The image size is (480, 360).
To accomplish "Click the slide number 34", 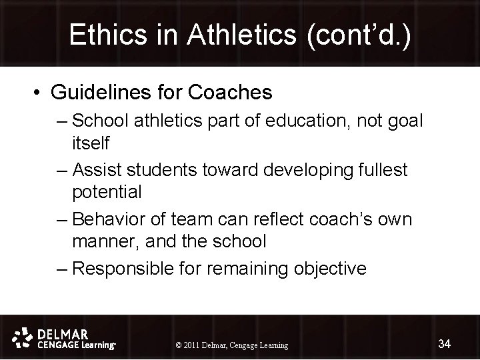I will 445,344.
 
